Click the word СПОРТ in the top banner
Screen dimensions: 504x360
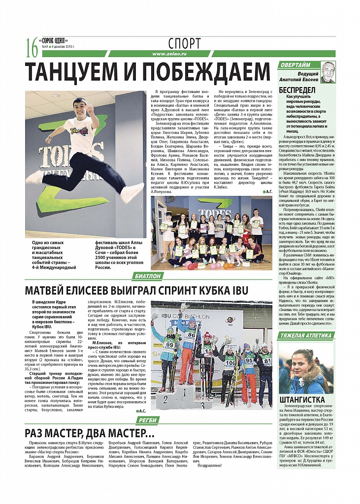point(184,42)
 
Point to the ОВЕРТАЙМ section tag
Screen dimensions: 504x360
point(295,65)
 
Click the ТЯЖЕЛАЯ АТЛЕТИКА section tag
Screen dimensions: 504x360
point(306,336)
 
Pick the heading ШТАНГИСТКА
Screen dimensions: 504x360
point(302,399)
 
